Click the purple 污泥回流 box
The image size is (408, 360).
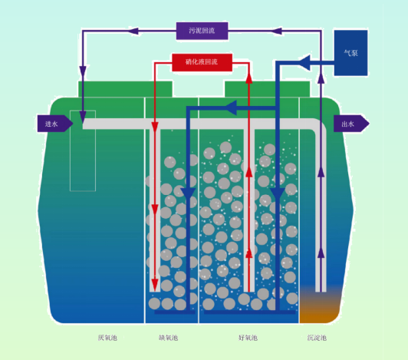pyautogui.click(x=202, y=31)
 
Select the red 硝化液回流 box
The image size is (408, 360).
pyautogui.click(x=202, y=62)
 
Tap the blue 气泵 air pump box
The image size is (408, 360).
pyautogui.click(x=350, y=53)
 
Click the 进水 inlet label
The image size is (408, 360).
pyautogui.click(x=51, y=124)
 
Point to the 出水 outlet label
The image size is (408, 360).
pyautogui.click(x=348, y=124)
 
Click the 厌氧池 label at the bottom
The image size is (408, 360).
pyautogui.click(x=107, y=338)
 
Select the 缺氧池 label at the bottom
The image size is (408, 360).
pyautogui.click(x=169, y=338)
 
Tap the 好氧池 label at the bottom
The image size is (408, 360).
pyautogui.click(x=248, y=338)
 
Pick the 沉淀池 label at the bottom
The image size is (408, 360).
pyautogui.click(x=317, y=338)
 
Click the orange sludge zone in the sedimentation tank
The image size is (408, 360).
pyautogui.click(x=319, y=306)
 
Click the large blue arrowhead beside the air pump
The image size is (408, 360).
pyautogui.click(x=304, y=62)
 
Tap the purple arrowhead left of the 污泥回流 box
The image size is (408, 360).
pyautogui.click(x=133, y=31)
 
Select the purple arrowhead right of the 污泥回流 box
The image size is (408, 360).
pyautogui.click(x=276, y=31)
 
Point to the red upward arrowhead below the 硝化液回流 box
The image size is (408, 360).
pyautogui.click(x=249, y=78)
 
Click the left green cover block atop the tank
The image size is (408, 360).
pyautogui.click(x=125, y=89)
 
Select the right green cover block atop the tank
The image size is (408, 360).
pyautogui.click(x=267, y=89)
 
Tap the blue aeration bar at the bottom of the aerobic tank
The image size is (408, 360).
pyautogui.click(x=250, y=312)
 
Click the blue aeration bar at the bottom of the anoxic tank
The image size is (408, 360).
pyautogui.click(x=175, y=312)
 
